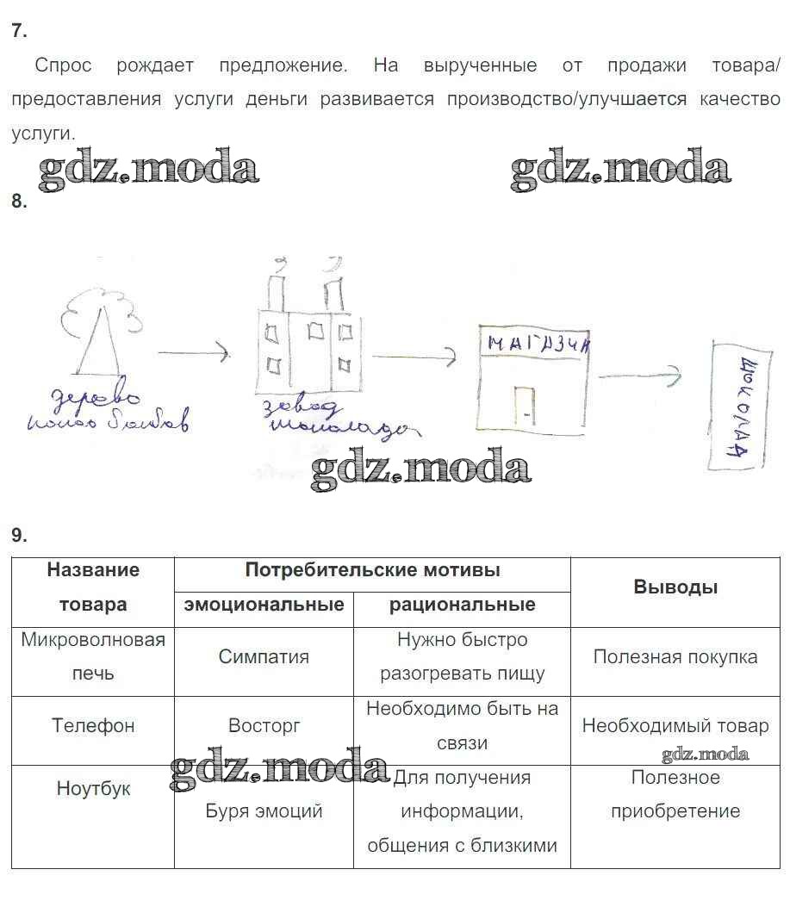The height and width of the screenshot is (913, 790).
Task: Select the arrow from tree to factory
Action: (193, 351)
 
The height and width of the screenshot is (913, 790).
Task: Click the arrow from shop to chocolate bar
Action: (639, 376)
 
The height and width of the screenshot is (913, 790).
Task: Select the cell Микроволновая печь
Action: (93, 656)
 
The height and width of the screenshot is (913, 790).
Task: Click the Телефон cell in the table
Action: (93, 725)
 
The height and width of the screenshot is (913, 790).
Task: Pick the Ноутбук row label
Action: (93, 788)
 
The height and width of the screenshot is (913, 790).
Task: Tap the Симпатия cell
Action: (264, 656)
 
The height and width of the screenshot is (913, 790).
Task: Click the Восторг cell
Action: (264, 725)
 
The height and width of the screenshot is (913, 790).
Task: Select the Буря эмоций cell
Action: (264, 811)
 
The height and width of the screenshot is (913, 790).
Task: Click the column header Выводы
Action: (675, 587)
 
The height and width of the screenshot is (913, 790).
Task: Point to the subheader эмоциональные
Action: (264, 605)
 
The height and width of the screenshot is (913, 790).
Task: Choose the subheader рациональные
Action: (462, 605)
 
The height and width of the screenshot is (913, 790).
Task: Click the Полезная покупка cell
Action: (675, 656)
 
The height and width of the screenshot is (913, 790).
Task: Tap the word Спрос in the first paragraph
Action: (63, 65)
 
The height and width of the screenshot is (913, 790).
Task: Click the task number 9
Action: (19, 535)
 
